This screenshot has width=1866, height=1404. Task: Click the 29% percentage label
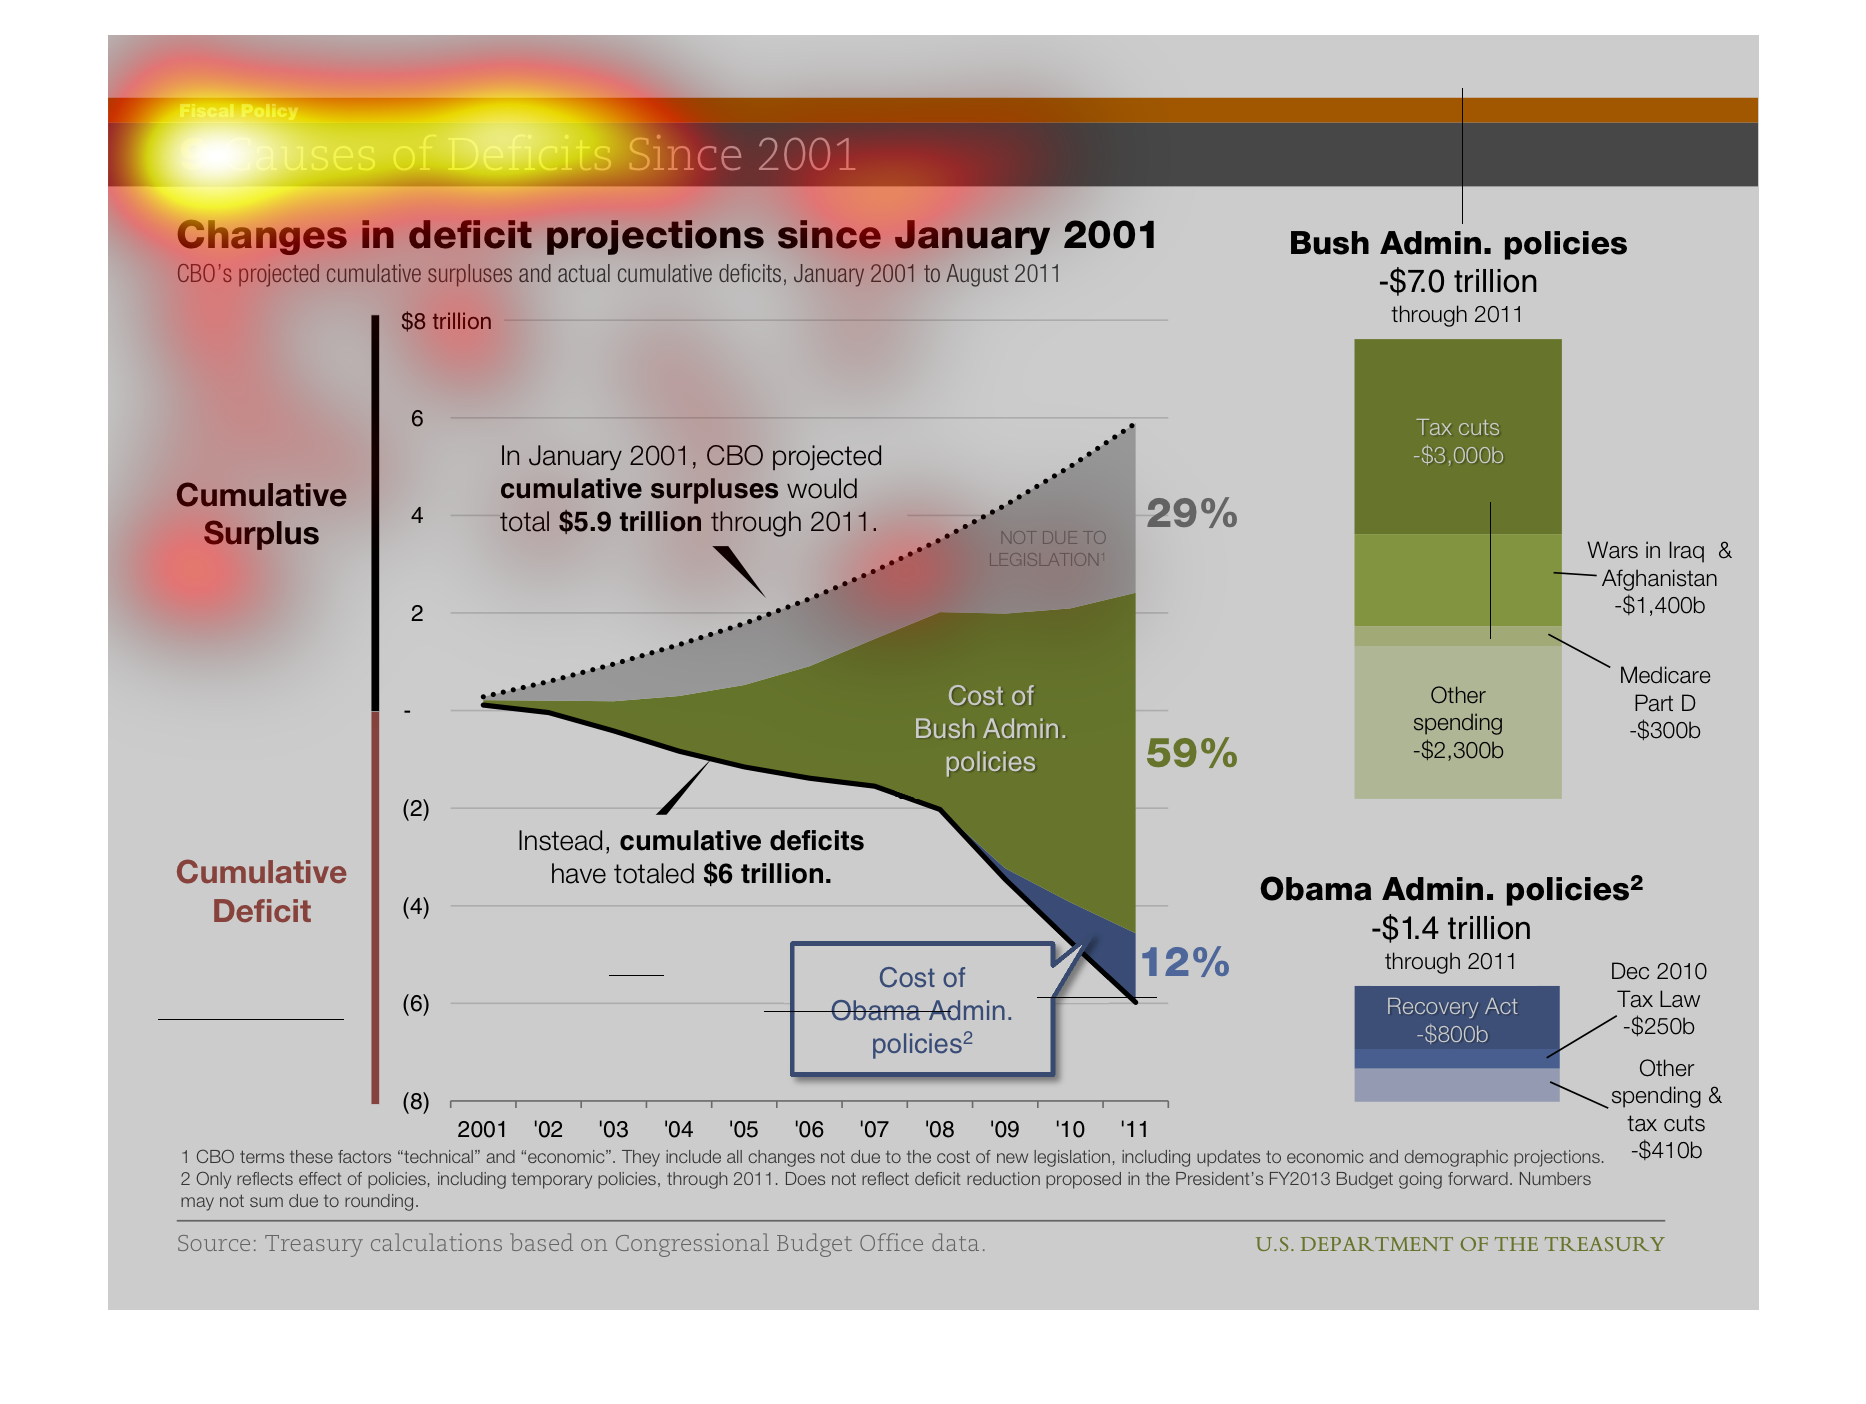[1191, 514]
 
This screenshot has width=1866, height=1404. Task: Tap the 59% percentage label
[1191, 754]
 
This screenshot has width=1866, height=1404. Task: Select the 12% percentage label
[1185, 963]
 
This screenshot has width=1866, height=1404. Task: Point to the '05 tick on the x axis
[743, 1129]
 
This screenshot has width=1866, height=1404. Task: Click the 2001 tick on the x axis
[482, 1129]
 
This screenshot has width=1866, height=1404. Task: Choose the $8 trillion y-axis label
[446, 322]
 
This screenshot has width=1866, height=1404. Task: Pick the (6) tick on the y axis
[416, 1003]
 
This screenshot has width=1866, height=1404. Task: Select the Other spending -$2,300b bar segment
[1457, 722]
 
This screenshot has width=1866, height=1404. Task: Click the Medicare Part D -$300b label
[1664, 702]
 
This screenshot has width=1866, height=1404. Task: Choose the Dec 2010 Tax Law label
[1658, 998]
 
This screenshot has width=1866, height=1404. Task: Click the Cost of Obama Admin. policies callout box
[921, 1010]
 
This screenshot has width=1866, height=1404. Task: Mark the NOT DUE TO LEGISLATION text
[1047, 549]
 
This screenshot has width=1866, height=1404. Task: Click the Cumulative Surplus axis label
[261, 514]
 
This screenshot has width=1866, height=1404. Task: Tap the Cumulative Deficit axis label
[261, 891]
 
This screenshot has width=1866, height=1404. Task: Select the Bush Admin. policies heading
[1457, 243]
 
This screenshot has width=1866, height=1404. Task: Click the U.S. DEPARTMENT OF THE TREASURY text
[1459, 1244]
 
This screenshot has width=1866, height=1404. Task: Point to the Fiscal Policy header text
[238, 111]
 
